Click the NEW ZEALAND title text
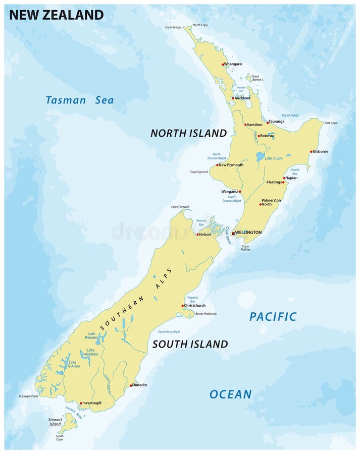tap(56, 15)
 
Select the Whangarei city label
tap(234, 64)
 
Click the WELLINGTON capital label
tap(248, 233)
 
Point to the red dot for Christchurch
tap(183, 306)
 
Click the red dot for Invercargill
tap(81, 403)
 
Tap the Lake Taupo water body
tap(260, 156)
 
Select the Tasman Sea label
tap(80, 100)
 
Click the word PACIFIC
tap(273, 317)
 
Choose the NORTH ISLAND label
tap(188, 133)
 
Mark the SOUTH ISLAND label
tap(190, 344)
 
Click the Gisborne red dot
tap(312, 151)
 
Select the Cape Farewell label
tap(180, 207)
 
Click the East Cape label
tap(331, 123)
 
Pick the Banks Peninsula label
tap(205, 314)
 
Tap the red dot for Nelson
tap(197, 235)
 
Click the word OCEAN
tap(231, 394)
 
